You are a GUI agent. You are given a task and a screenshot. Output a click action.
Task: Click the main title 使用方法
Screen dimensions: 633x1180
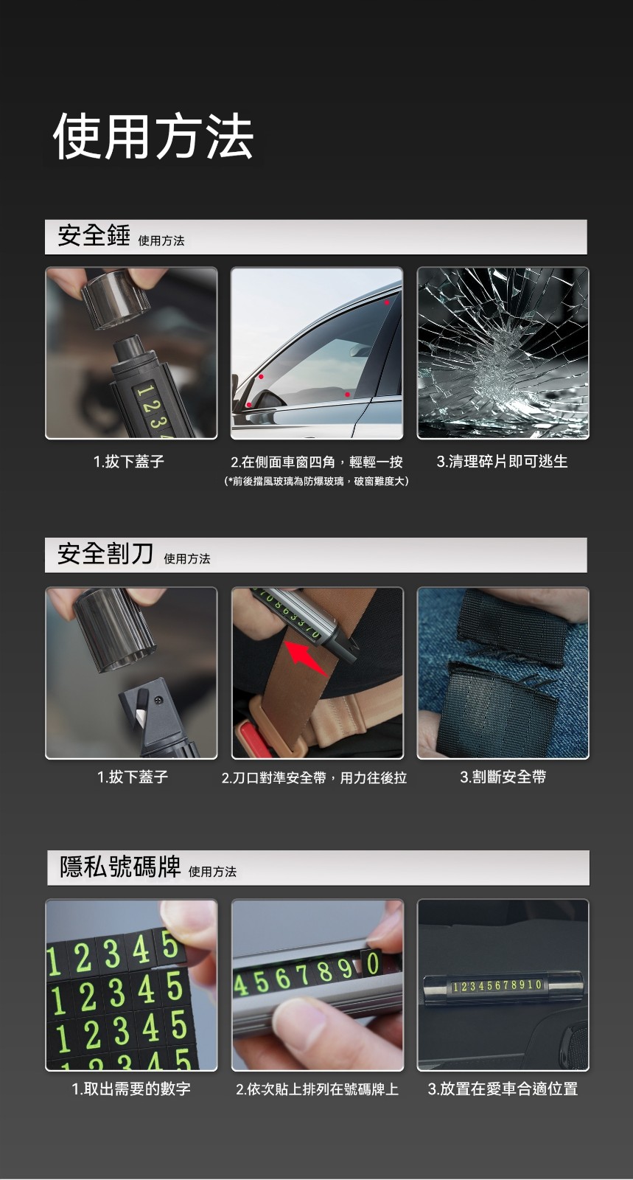point(154,136)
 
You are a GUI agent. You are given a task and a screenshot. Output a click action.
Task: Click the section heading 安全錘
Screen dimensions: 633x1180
point(94,235)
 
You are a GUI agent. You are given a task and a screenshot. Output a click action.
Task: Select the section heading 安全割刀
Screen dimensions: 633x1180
point(105,554)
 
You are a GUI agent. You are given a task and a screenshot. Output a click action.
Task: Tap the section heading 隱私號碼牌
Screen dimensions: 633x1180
point(120,867)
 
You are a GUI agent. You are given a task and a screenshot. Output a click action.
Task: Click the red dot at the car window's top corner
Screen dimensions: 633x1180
point(387,302)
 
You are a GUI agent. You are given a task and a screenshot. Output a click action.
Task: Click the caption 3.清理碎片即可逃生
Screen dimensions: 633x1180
point(502,462)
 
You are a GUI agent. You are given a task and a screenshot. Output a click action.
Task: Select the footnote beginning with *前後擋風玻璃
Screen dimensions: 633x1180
point(316,481)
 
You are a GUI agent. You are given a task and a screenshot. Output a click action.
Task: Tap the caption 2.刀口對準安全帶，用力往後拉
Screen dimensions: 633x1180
point(314,777)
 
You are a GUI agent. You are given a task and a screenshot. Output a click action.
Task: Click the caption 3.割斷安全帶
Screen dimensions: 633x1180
point(503,777)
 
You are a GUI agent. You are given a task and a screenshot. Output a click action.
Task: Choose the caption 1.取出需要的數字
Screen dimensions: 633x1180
point(131,1089)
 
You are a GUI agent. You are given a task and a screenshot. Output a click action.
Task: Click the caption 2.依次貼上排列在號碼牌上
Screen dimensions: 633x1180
point(318,1089)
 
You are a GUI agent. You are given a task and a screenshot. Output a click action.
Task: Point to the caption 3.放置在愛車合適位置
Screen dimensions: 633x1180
point(503,1089)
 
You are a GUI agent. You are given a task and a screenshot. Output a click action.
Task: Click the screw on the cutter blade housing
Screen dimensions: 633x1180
point(158,700)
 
